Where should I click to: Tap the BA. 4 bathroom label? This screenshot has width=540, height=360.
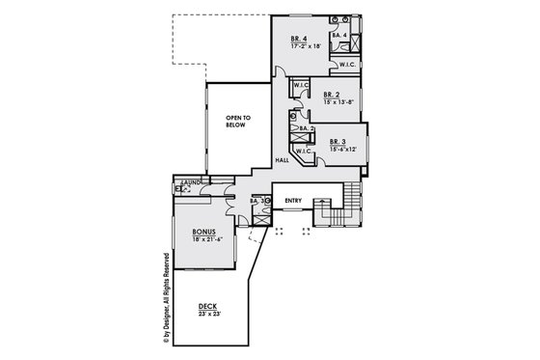coord(338,37)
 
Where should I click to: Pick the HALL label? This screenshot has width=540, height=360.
coord(283,160)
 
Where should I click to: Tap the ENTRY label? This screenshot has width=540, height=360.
coord(293,201)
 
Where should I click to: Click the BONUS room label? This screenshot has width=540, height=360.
coord(203,232)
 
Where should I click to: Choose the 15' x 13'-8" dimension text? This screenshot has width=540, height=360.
coord(338,101)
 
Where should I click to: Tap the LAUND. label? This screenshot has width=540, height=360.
coord(189,181)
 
